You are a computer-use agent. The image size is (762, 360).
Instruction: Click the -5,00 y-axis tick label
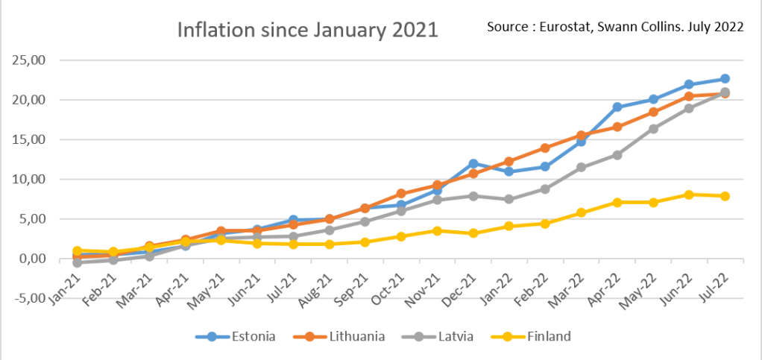[x=28, y=298]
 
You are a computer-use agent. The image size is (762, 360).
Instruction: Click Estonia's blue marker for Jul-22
[x=724, y=79]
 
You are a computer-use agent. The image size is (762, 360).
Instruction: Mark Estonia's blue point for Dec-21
[x=473, y=163]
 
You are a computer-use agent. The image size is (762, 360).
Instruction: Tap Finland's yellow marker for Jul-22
[x=724, y=196]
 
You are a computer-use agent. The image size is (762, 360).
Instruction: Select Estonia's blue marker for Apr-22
[x=617, y=107]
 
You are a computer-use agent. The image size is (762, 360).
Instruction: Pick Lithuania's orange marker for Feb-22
[x=545, y=148]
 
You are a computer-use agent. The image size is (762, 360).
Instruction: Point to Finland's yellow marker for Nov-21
[x=438, y=231]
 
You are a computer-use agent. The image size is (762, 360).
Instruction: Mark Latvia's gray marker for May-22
[x=652, y=129]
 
